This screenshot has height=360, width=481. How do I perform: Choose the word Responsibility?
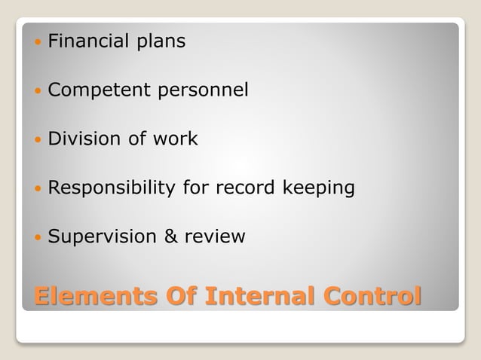pyautogui.click(x=112, y=188)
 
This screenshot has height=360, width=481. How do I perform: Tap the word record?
pyautogui.click(x=238, y=188)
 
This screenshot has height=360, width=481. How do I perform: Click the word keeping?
pyautogui.click(x=317, y=188)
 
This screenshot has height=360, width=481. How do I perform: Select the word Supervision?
pyautogui.click(x=102, y=237)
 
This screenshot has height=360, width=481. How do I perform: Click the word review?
pyautogui.click(x=214, y=236)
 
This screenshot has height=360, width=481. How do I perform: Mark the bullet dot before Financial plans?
pyautogui.click(x=38, y=42)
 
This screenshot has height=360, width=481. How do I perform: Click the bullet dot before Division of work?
pyautogui.click(x=38, y=139)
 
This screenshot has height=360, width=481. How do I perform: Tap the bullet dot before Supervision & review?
pyautogui.click(x=38, y=237)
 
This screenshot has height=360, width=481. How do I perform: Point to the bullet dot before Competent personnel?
pyautogui.click(x=38, y=91)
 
